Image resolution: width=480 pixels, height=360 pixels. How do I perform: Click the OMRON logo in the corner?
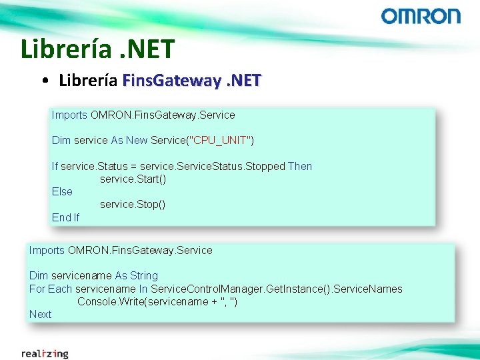point(421,17)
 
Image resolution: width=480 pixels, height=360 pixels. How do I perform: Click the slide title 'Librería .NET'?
point(97,49)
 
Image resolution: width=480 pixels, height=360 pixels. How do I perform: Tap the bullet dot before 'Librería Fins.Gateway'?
point(44,82)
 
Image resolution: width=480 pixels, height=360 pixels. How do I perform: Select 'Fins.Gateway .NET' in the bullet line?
point(192,81)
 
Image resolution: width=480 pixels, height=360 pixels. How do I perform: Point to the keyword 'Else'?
point(62,192)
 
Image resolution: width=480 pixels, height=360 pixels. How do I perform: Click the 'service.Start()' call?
point(133,179)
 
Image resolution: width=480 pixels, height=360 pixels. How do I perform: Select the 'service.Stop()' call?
point(133,205)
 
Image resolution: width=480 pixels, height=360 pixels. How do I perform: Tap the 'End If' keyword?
point(65,217)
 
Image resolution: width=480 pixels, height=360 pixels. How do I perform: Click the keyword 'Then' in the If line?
point(300,167)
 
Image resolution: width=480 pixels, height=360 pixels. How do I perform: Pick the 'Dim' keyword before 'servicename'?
point(38,276)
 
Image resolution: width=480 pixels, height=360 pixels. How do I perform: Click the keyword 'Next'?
point(40,314)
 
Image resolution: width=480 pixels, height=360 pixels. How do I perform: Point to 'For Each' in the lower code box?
point(51,289)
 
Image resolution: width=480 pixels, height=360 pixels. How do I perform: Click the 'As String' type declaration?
point(137,276)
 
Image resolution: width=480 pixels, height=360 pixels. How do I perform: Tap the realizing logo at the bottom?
point(45,353)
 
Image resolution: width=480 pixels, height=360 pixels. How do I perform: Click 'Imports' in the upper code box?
point(69,115)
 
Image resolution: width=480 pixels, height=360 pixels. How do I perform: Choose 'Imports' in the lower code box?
point(47,251)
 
